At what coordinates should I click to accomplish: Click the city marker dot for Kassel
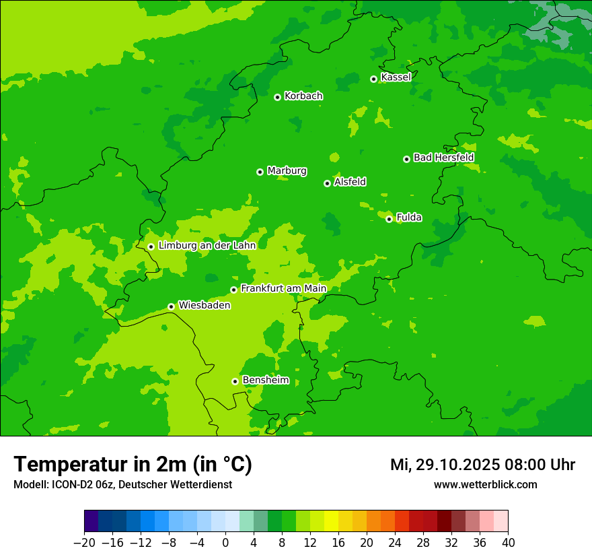tap(373, 79)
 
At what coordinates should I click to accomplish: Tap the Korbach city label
tap(303, 96)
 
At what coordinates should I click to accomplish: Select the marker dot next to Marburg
tap(260, 172)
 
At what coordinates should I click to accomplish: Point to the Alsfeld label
tap(350, 182)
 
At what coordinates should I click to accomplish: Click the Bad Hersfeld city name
tap(443, 158)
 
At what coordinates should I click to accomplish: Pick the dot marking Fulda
tap(389, 219)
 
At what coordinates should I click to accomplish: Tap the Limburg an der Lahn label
tap(207, 246)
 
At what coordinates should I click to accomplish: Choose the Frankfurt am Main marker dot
tap(233, 290)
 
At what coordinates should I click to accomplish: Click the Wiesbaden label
tap(205, 305)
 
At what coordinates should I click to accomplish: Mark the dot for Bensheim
tap(235, 381)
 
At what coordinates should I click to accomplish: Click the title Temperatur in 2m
tap(133, 464)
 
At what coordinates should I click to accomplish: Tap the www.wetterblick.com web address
tap(485, 484)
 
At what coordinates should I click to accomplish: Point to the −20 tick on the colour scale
tap(84, 543)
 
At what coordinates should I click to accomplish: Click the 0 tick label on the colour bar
tap(225, 543)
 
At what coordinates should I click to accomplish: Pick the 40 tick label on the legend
tap(508, 543)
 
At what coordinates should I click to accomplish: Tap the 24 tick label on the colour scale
tap(395, 543)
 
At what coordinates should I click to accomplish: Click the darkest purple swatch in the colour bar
tap(91, 521)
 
